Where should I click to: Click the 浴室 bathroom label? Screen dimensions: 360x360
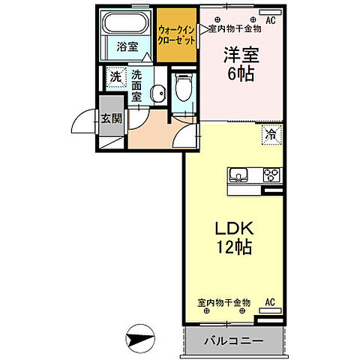pos(127,46)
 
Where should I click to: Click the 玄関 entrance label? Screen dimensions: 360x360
pos(111,118)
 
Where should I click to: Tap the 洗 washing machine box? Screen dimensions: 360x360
pos(115,76)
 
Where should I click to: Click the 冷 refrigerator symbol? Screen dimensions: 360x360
pos(268,135)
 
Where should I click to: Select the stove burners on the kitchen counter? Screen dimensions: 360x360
pos(271,177)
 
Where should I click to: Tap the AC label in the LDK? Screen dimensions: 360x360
pos(270,302)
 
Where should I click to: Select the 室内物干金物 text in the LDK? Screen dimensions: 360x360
pos(224,303)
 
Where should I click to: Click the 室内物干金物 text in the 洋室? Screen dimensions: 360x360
pos(234,28)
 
